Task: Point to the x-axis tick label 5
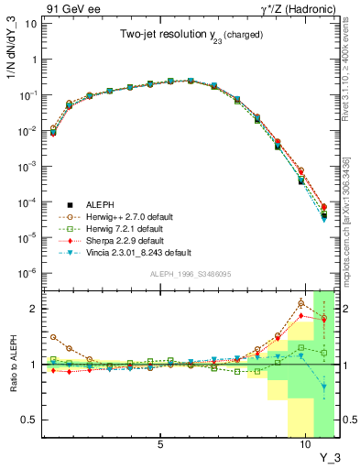pyautogui.click(x=161, y=445)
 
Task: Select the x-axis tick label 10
pyautogui.click(x=303, y=445)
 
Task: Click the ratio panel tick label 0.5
pyautogui.click(x=29, y=420)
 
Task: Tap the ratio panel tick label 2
pyautogui.click(x=33, y=309)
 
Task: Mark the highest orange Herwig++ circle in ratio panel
pyautogui.click(x=301, y=303)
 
